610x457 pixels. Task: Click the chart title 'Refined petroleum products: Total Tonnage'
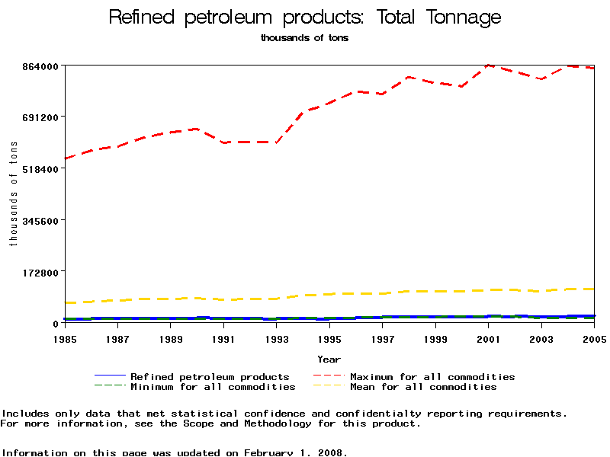[305, 17]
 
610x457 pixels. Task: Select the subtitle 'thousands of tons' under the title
[304, 38]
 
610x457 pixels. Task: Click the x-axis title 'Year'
[329, 359]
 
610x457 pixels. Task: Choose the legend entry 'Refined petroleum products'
[210, 377]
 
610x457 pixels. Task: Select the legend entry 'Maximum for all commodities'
[432, 377]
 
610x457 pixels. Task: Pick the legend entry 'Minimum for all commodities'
[213, 387]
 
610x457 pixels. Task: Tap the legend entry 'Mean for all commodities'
[423, 387]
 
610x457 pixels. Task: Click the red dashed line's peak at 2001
[489, 66]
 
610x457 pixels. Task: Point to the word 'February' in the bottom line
[271, 452]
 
